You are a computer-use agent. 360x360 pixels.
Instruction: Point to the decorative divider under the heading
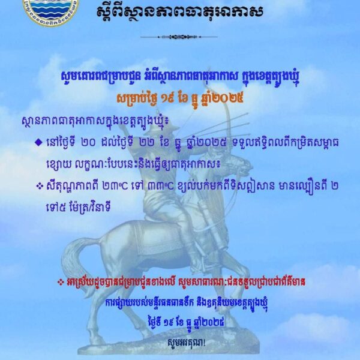(179, 37)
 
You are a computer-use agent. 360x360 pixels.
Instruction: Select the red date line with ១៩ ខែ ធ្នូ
(179, 97)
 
